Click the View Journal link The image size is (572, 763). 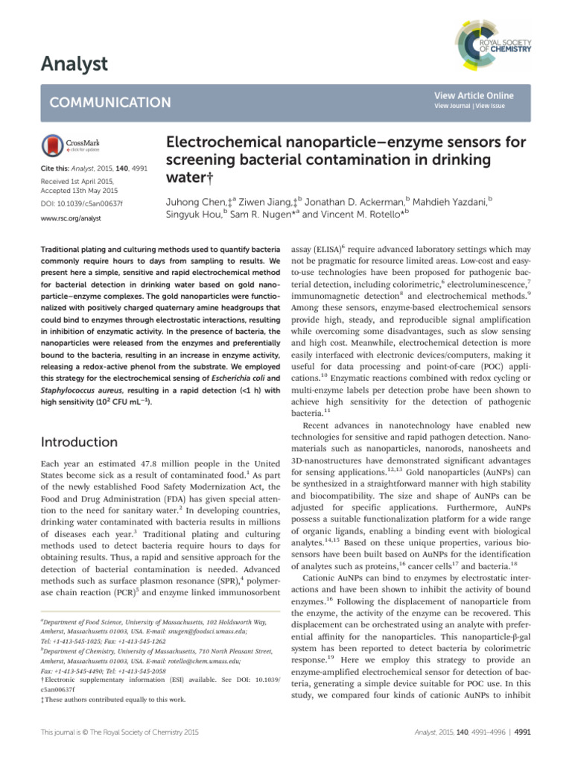(454, 107)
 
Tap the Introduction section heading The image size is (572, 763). (80, 442)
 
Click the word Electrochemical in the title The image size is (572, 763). (216, 142)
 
